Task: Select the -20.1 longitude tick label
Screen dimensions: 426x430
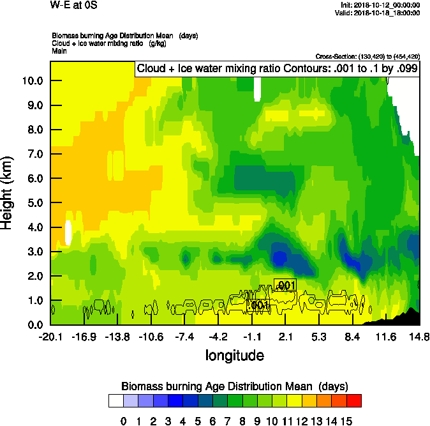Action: pos(50,337)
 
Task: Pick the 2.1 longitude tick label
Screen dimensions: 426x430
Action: pos(286,337)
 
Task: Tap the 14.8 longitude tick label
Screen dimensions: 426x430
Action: pos(419,337)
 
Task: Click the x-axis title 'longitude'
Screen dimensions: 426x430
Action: pos(234,354)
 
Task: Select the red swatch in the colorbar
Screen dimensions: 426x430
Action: pos(354,400)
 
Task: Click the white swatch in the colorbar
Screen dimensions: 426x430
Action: pos(115,400)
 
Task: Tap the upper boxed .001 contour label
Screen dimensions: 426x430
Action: pos(285,285)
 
